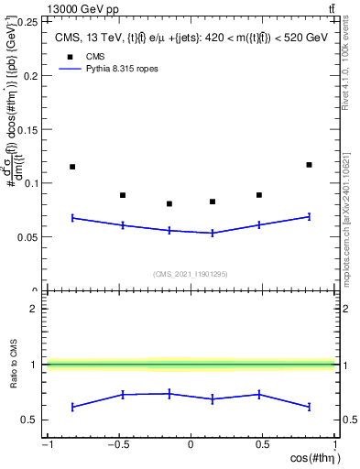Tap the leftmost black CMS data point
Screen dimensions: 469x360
coord(72,167)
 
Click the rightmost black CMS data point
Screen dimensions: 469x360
coord(309,165)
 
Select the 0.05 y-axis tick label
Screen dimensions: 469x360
coord(29,237)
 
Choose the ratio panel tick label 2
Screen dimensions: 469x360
coord(34,309)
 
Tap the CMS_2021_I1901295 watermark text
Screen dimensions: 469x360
coord(190,274)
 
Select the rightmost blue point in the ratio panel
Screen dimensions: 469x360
coord(309,407)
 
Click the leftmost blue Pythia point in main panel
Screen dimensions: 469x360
coord(72,218)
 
